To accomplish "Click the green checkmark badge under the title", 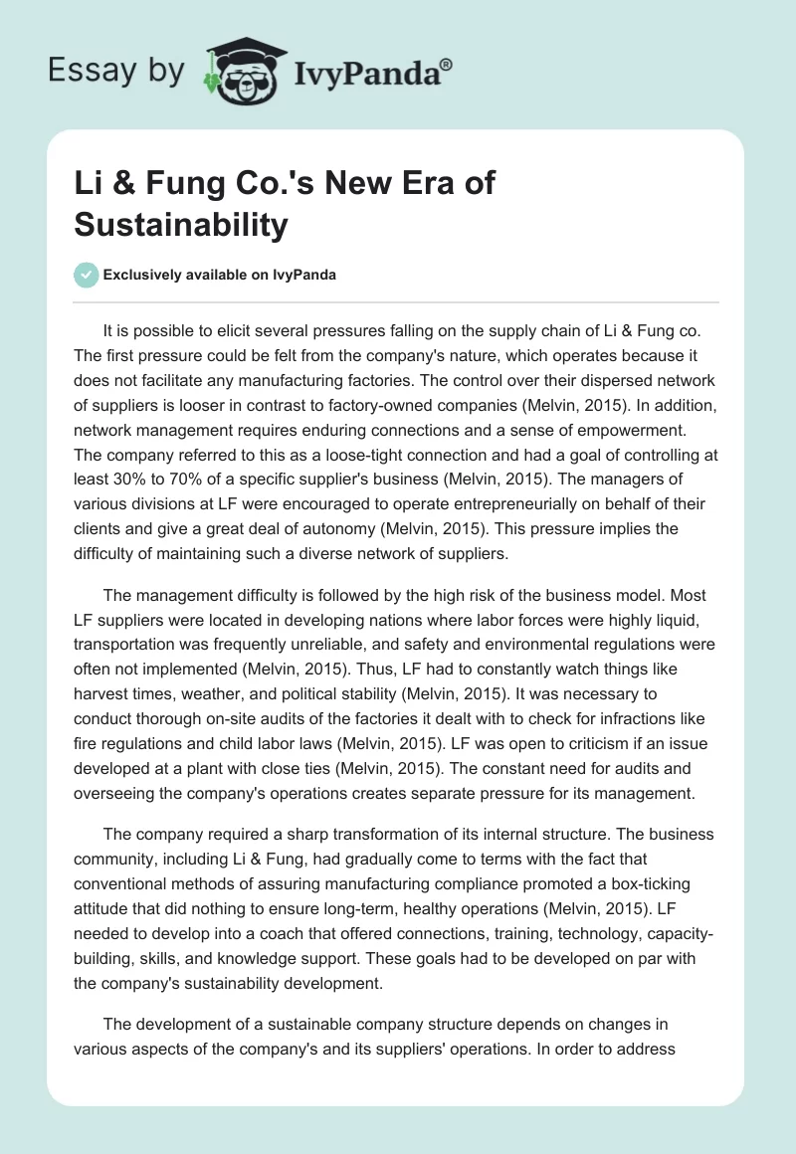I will pos(86,275).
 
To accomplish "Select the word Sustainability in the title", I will pos(181,224).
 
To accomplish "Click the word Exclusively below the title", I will pos(149,276).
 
